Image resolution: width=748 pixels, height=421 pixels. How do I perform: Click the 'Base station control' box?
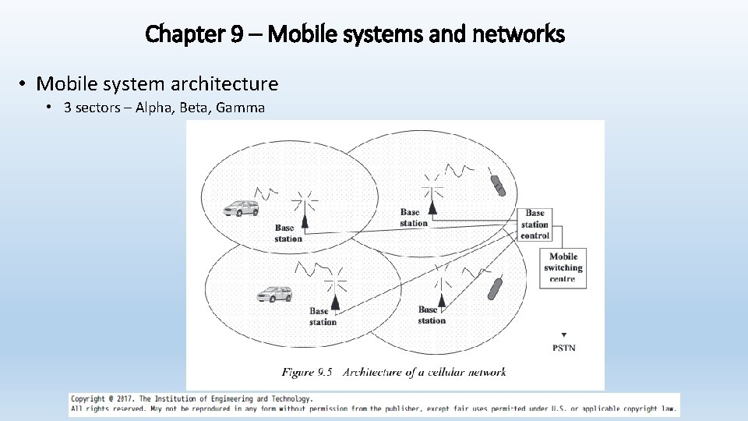coord(535,225)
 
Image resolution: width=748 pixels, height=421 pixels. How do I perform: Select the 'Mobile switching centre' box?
coord(563,267)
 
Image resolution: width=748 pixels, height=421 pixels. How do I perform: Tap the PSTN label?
coord(563,348)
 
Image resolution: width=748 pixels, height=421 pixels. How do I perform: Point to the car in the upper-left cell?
coord(241,208)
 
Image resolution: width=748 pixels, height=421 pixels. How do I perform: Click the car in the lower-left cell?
coord(274,294)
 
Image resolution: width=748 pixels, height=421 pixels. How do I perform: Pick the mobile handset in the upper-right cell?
coord(498,186)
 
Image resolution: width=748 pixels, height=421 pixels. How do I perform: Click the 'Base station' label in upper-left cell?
coord(288,233)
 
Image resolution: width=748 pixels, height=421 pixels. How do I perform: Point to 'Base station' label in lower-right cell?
coord(432,315)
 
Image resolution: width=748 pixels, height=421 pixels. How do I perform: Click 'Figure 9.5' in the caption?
coord(307,372)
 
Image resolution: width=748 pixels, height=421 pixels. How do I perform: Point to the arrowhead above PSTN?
coord(563,334)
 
